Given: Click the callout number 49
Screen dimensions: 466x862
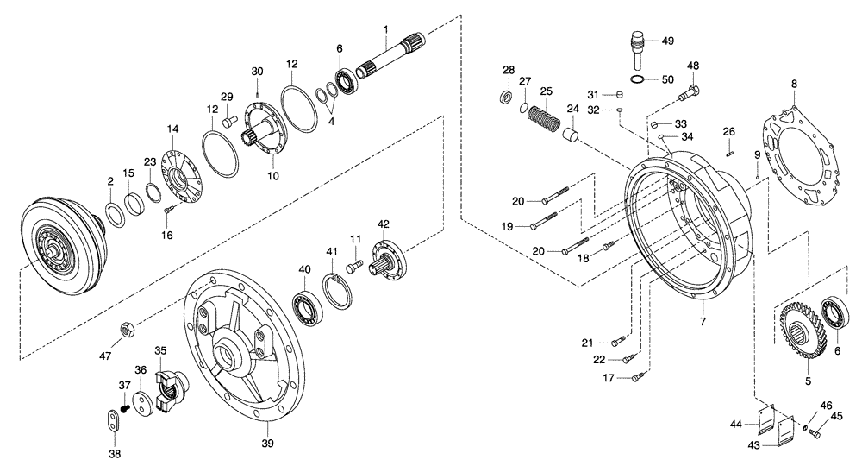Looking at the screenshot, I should [x=668, y=41].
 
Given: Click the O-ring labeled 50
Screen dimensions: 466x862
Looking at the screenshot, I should [x=636, y=79].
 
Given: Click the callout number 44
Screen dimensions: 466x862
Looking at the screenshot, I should [x=735, y=425].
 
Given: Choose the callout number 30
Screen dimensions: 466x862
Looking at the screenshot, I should [x=257, y=71].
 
